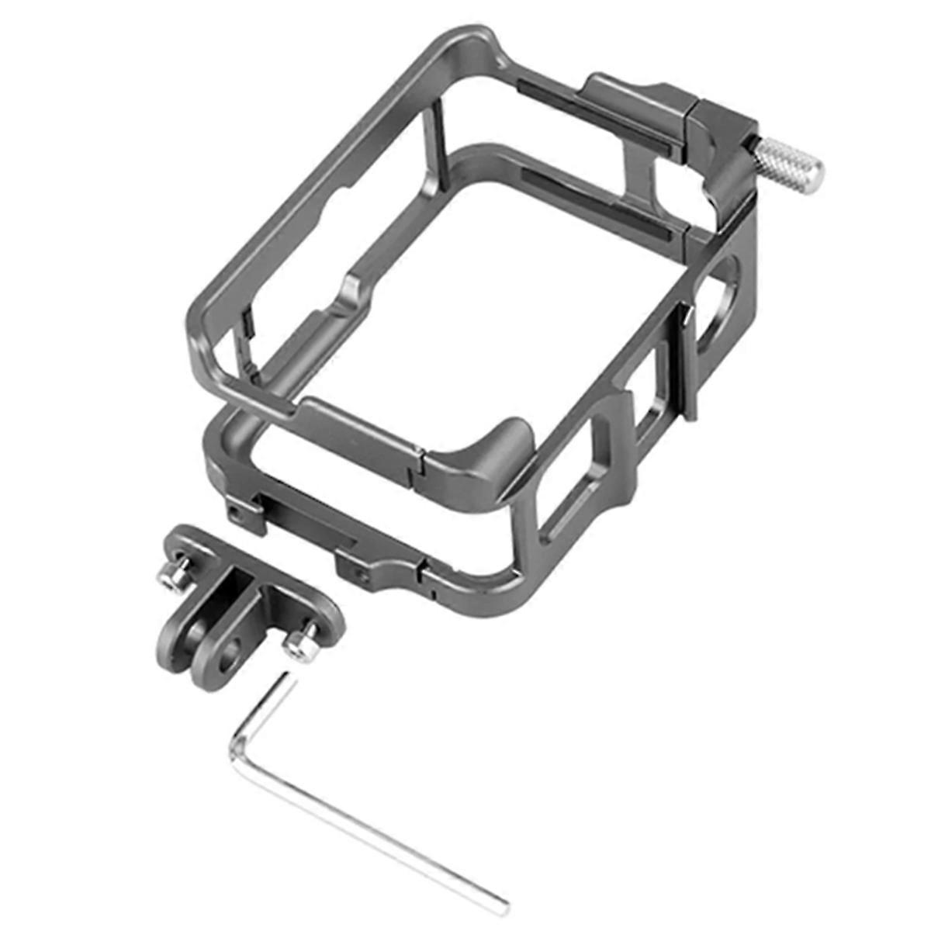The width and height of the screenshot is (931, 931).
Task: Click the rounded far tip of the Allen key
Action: click(501, 903)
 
